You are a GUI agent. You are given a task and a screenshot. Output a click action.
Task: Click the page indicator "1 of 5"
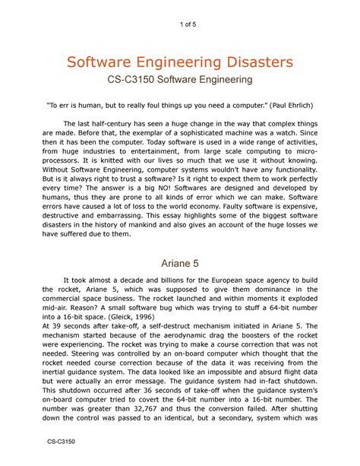[180, 29]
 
